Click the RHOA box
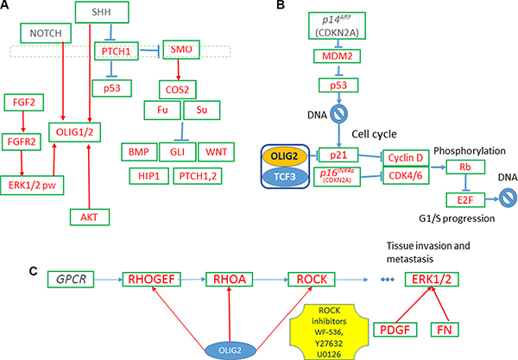[x=228, y=281]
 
